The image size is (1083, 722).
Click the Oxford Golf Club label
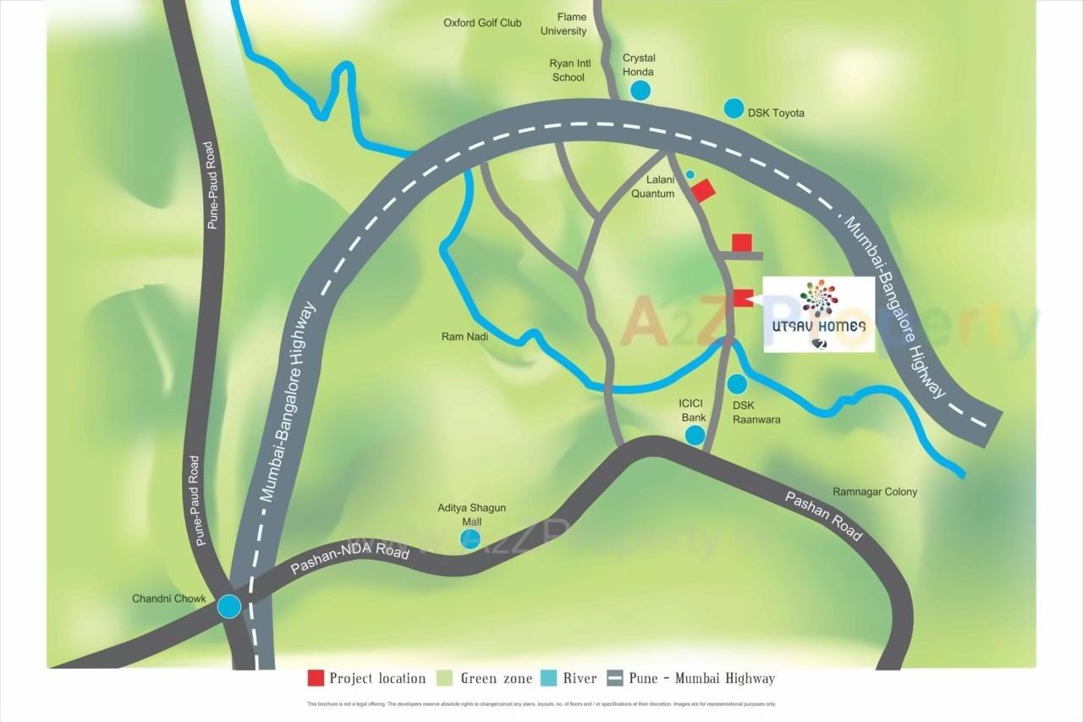[x=482, y=23]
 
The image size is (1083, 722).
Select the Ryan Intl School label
[x=568, y=70]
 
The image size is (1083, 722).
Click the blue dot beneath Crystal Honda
[x=640, y=90]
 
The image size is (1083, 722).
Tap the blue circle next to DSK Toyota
[x=734, y=108]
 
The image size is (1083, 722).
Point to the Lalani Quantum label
[x=653, y=187]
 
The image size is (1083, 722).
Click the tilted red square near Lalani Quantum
[x=703, y=190]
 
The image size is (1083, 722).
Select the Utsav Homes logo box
[x=819, y=314]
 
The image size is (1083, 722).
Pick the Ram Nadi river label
[x=465, y=337]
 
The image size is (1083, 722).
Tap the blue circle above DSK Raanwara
[x=738, y=384]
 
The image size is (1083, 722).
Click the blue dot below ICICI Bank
[x=695, y=435]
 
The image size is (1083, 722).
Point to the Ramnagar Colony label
[x=875, y=492]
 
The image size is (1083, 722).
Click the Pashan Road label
[x=823, y=515]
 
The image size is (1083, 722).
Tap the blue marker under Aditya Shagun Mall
[x=470, y=538]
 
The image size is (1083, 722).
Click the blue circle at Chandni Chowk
[x=228, y=606]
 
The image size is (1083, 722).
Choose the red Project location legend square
[x=316, y=678]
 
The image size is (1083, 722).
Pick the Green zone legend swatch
[x=445, y=678]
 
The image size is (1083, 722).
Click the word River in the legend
[x=580, y=678]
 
